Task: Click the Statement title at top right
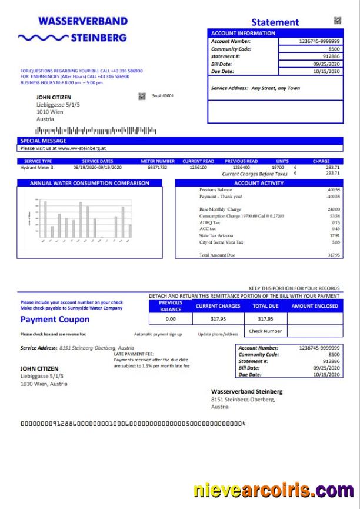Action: pyautogui.click(x=275, y=22)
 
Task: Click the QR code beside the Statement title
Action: pyautogui.click(x=337, y=21)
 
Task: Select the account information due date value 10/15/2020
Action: pyautogui.click(x=327, y=71)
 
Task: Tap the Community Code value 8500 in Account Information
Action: pyautogui.click(x=334, y=49)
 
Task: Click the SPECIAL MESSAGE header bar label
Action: pyautogui.click(x=44, y=141)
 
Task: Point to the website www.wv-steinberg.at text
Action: pyautogui.click(x=82, y=149)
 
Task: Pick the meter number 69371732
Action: pyautogui.click(x=157, y=168)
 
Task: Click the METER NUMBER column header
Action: pyautogui.click(x=157, y=161)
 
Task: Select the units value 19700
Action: pyautogui.click(x=278, y=168)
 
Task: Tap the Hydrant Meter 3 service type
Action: pyautogui.click(x=36, y=168)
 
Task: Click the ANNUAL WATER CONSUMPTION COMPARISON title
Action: pyautogui.click(x=89, y=183)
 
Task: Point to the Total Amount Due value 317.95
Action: pyautogui.click(x=334, y=255)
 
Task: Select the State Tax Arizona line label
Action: pyautogui.click(x=217, y=235)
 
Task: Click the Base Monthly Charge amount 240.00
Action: pyautogui.click(x=334, y=209)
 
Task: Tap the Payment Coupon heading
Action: pyautogui.click(x=55, y=320)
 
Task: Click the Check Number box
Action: pyautogui.click(x=265, y=331)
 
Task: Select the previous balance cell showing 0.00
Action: pyautogui.click(x=171, y=319)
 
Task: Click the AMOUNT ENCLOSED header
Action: pyautogui.click(x=315, y=306)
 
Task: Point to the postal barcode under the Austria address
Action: pyautogui.click(x=96, y=130)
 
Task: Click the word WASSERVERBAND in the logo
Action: pyautogui.click(x=83, y=21)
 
